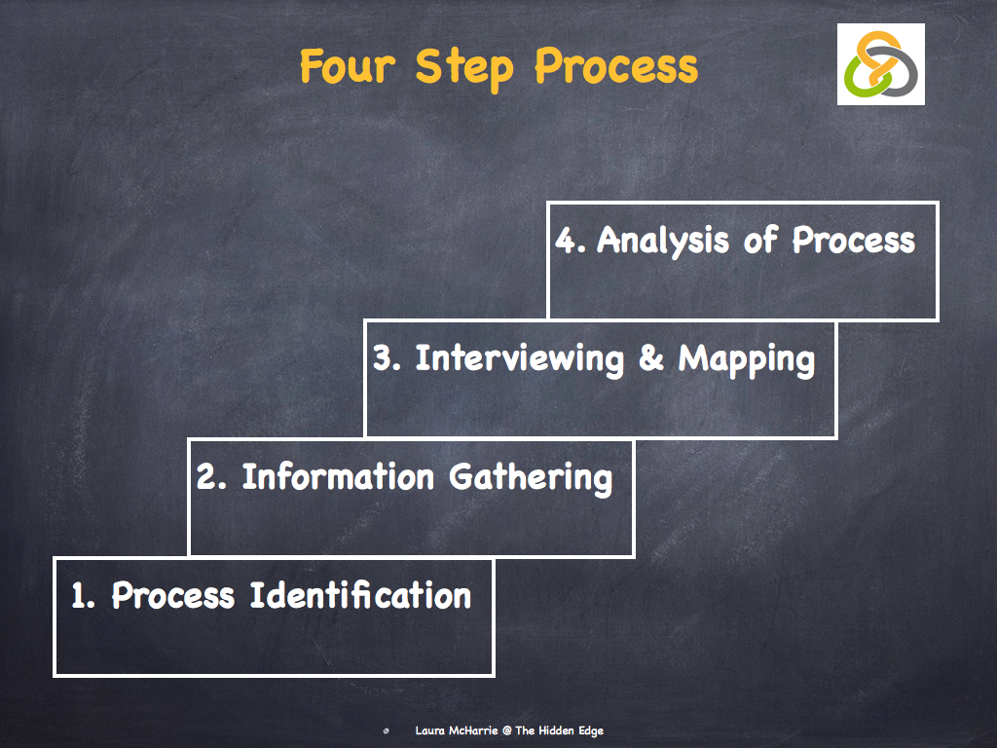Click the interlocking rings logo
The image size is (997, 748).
pos(880,65)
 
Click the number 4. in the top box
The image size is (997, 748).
pos(571,241)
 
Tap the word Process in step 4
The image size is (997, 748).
pos(853,241)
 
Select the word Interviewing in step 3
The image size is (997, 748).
pos(519,358)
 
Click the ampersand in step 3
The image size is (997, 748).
pos(650,359)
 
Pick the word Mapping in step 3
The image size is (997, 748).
pos(747,360)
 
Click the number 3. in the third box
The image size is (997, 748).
pos(388,358)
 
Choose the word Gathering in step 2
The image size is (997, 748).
pos(531,478)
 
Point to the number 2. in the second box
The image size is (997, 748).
pos(211,477)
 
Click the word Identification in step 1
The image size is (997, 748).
pos(360,595)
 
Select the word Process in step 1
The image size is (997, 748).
pos(173,595)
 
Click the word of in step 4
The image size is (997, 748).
pos(759,241)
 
